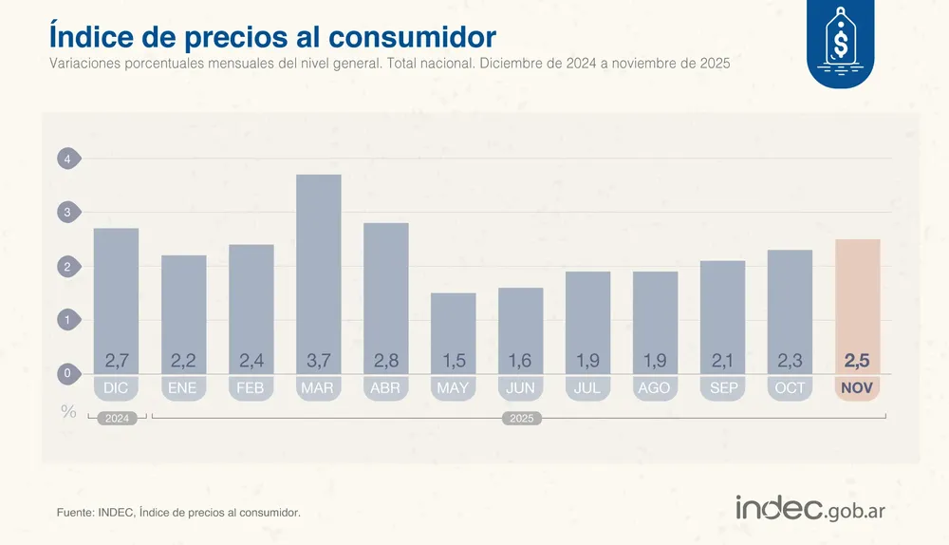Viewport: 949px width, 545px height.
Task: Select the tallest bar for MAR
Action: (x=319, y=266)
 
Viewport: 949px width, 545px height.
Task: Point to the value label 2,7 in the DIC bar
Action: (x=116, y=361)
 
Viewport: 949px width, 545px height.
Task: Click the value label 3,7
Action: (x=319, y=361)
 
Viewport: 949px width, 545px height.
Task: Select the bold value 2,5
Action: (x=858, y=361)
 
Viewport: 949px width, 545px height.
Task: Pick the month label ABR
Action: (x=386, y=388)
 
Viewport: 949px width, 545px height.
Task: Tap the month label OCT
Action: (x=790, y=388)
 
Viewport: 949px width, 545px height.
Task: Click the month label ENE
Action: (x=183, y=388)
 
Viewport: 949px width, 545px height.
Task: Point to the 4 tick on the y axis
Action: (x=67, y=160)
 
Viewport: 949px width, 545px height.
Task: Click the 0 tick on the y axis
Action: (x=67, y=374)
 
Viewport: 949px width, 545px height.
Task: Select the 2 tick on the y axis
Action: (x=67, y=267)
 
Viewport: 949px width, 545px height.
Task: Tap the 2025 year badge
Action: (x=521, y=418)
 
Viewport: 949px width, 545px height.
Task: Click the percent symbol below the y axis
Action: (x=67, y=411)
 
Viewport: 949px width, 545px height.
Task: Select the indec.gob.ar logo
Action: (x=810, y=508)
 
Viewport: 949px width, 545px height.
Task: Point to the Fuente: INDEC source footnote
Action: (x=178, y=513)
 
